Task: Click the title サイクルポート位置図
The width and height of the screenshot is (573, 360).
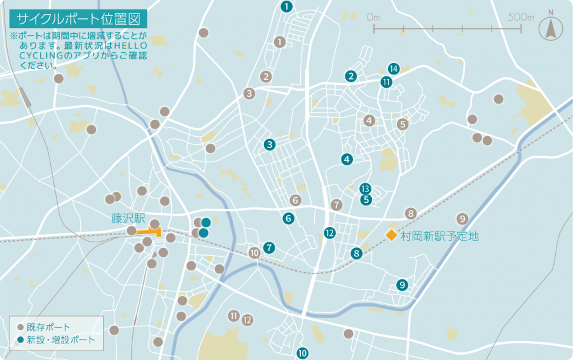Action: tap(77, 18)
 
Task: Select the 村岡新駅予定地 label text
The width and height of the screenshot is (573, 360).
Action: tap(439, 237)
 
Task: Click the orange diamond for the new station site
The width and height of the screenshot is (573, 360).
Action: tap(391, 236)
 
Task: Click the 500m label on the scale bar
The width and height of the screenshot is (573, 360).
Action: tap(521, 17)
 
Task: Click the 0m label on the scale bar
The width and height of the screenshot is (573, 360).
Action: tap(373, 17)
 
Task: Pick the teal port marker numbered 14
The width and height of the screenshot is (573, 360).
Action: tap(394, 69)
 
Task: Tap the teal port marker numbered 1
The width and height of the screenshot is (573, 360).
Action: tap(286, 7)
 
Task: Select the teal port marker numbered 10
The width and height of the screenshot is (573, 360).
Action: tap(303, 352)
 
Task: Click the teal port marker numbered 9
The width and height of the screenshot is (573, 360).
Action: tap(402, 284)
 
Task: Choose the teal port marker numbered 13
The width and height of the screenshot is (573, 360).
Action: tap(365, 189)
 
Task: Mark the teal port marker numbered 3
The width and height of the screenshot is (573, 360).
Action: tap(270, 144)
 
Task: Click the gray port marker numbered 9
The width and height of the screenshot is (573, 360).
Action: tap(462, 219)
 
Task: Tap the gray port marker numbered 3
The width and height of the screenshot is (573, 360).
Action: tap(249, 93)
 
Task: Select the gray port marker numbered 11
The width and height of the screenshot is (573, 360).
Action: tap(234, 315)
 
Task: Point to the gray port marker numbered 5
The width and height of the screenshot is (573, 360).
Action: tap(402, 124)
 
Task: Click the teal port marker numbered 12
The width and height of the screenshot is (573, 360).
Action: tap(329, 233)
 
